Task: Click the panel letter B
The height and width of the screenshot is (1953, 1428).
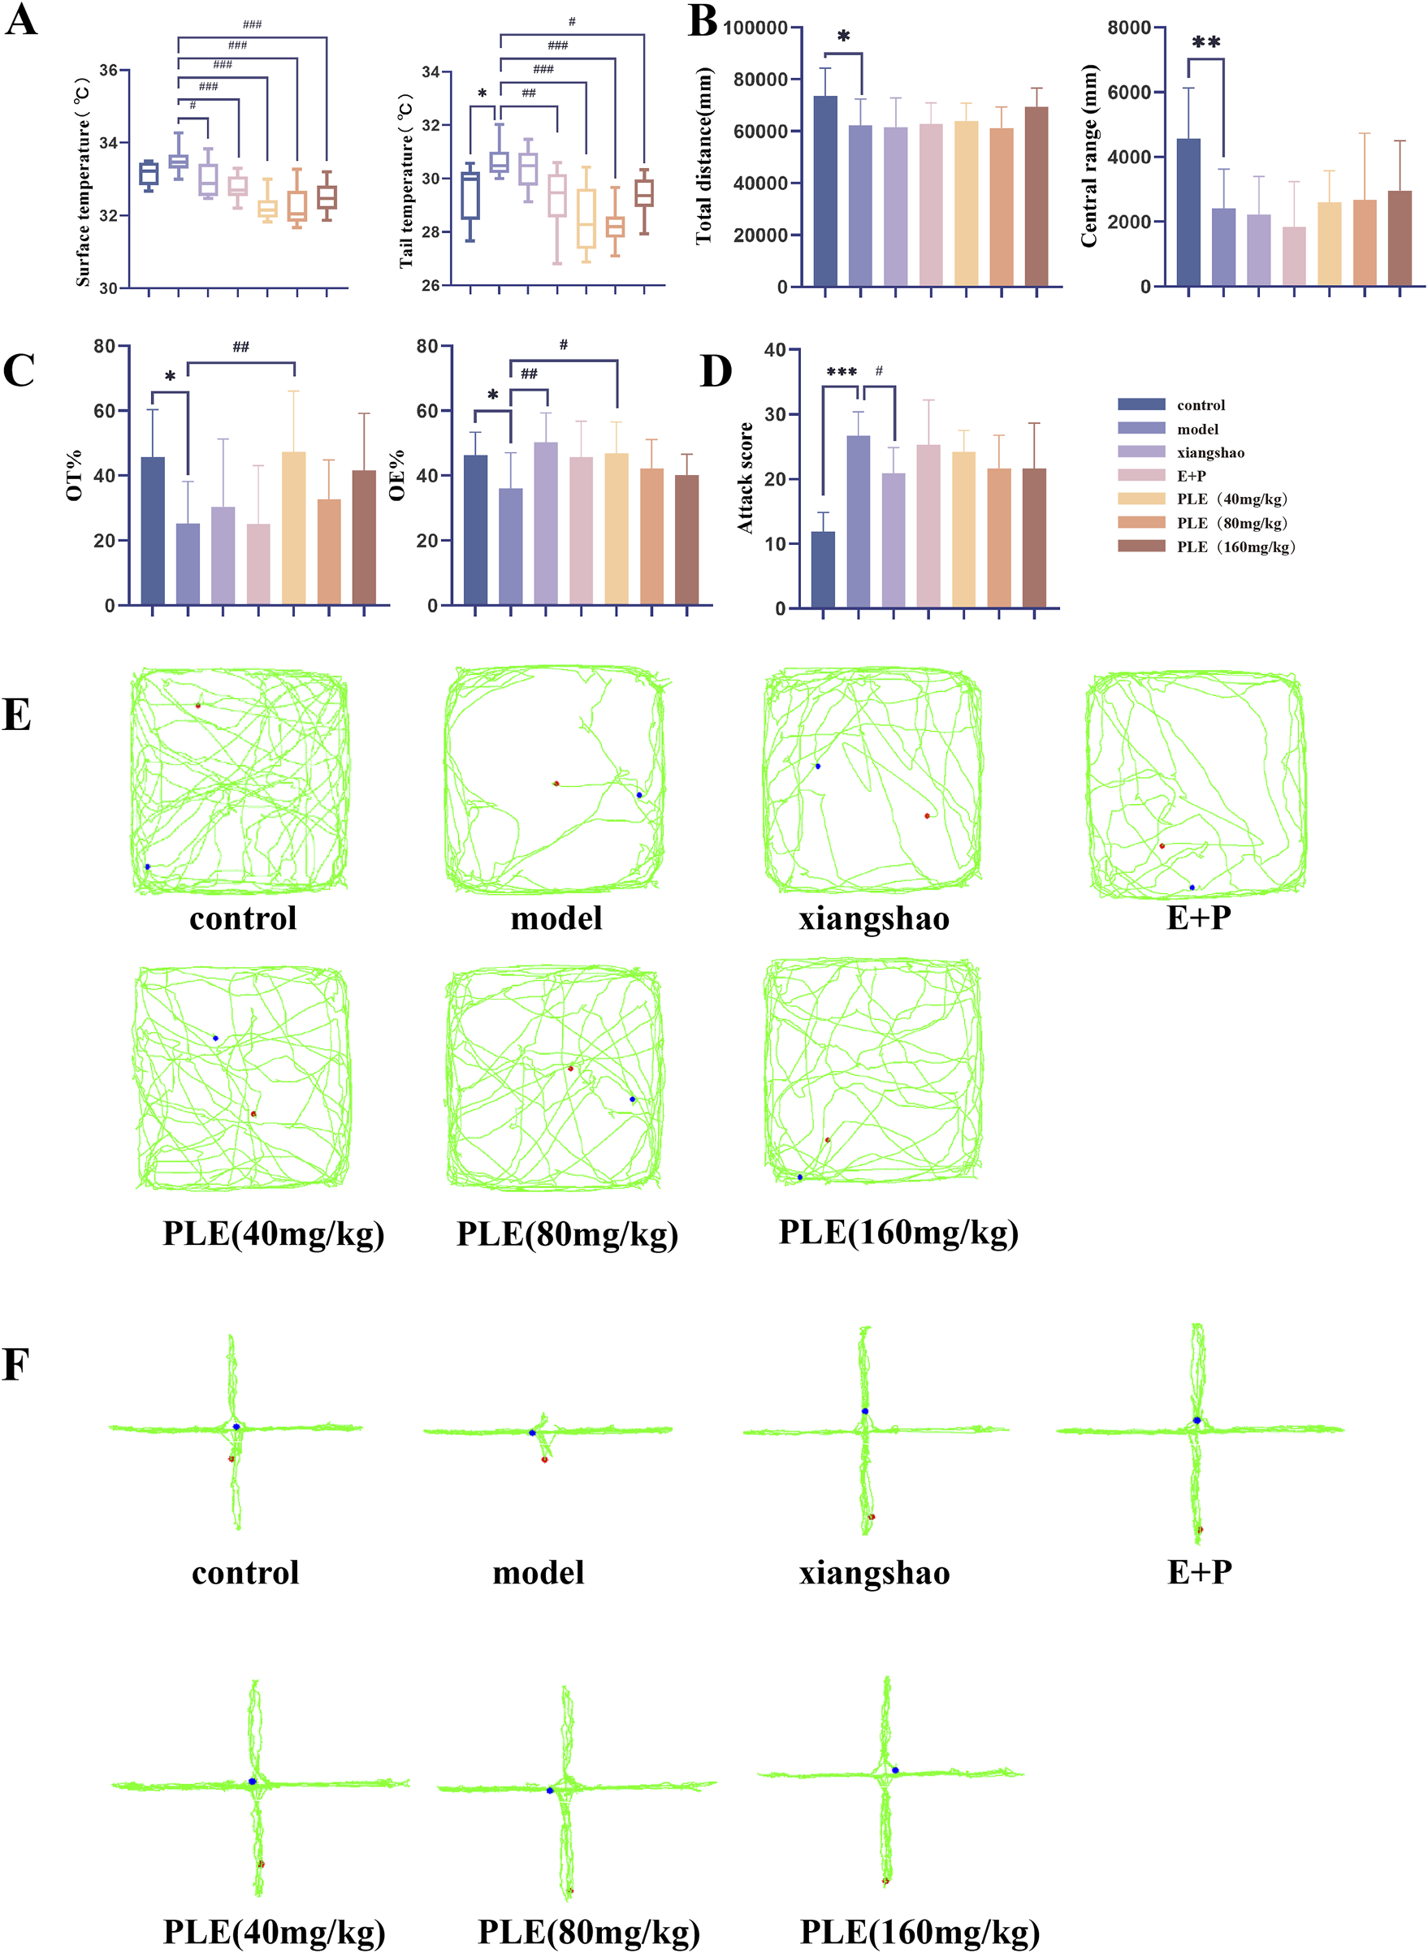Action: [x=702, y=21]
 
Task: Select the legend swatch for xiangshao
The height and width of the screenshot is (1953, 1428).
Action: [x=1140, y=452]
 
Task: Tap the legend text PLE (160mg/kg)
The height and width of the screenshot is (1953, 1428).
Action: [x=1235, y=547]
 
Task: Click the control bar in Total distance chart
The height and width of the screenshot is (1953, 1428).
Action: [x=824, y=190]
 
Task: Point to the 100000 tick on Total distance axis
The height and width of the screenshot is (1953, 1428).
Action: [x=755, y=28]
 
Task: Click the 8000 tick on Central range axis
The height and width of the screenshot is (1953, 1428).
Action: [x=1128, y=28]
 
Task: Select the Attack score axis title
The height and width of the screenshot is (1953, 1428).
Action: [x=744, y=477]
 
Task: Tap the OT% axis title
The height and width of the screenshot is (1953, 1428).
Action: [x=75, y=474]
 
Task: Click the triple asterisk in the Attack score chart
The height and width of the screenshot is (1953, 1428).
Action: [x=841, y=373]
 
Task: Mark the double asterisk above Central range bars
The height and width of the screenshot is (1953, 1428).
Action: [x=1206, y=42]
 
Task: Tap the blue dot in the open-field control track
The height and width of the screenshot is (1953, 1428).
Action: [x=147, y=866]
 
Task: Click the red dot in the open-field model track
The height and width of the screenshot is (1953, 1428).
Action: [x=556, y=783]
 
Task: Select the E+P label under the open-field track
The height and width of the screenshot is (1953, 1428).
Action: [x=1198, y=917]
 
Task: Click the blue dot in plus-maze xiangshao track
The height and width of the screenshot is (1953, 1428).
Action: [x=863, y=1411]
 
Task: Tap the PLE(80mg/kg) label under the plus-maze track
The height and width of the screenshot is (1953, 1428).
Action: [x=589, y=1930]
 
